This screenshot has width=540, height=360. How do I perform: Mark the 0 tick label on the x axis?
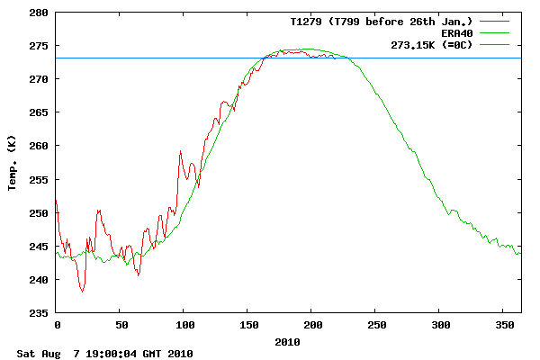(x=57, y=325)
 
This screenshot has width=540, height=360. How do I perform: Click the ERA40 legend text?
(x=456, y=32)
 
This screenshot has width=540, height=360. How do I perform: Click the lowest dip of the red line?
(x=83, y=292)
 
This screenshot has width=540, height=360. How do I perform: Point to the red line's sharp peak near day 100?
(x=180, y=151)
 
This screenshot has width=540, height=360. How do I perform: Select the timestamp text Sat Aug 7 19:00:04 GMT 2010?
(x=104, y=354)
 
